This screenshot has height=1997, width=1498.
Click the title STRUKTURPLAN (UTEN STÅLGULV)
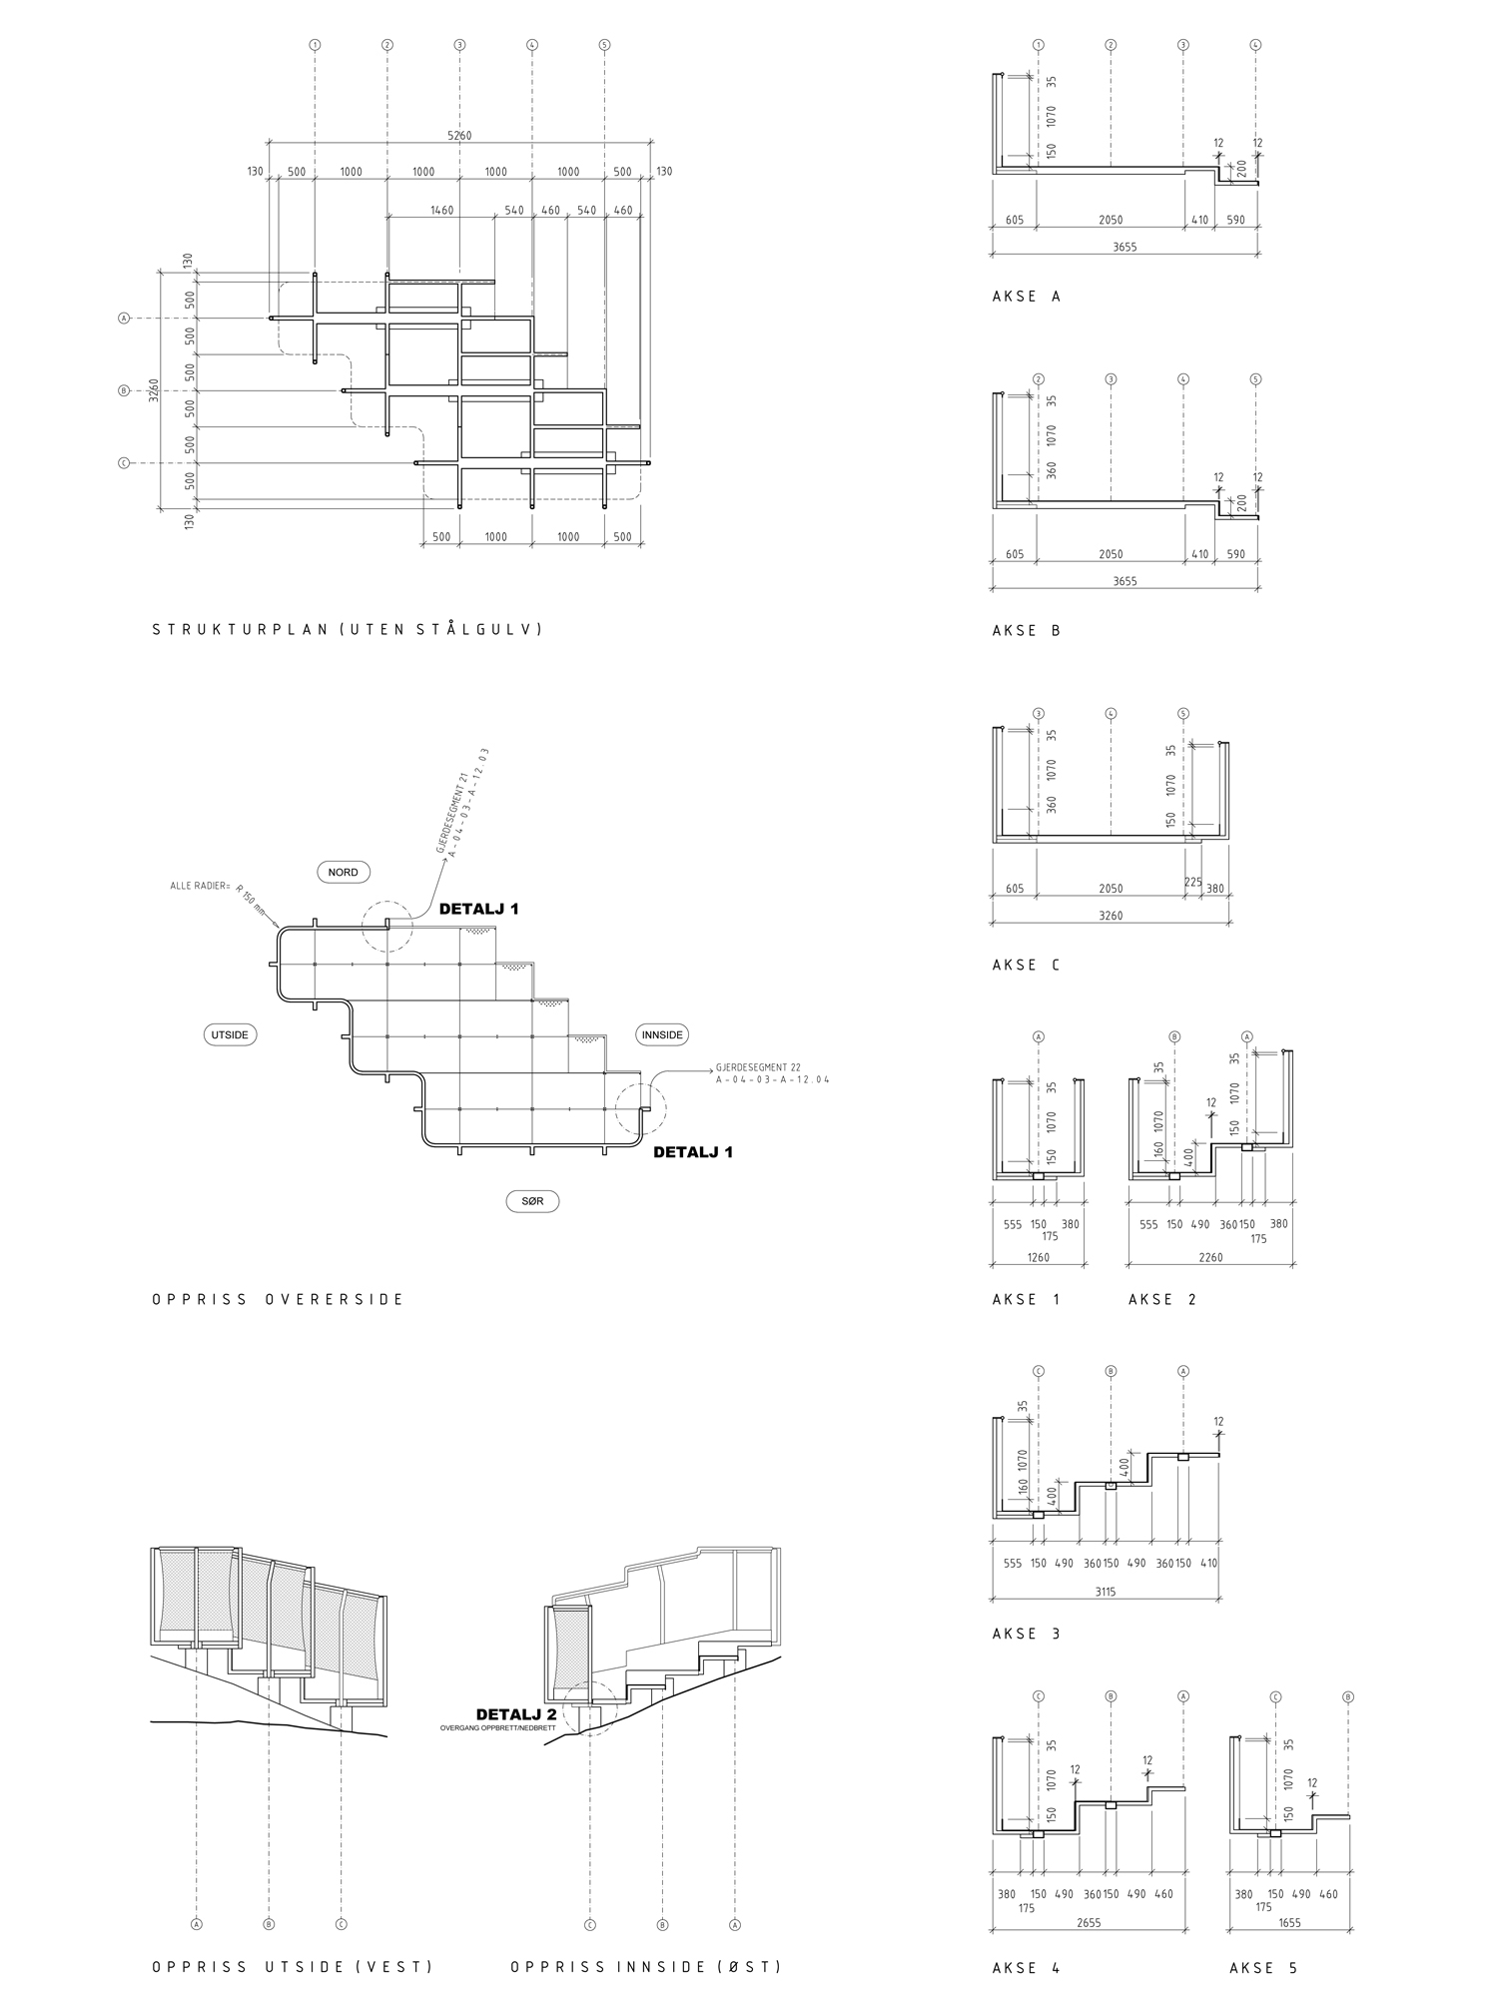pos(347,630)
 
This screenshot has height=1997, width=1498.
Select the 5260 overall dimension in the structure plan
pos(458,136)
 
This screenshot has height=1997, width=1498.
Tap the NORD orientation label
pos(343,872)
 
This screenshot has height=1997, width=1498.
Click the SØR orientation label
pos(532,1201)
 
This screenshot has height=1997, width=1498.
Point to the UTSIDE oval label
pos(230,1035)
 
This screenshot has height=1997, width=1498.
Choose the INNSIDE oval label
pos(662,1035)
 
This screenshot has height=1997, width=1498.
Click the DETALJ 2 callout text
pos(516,1714)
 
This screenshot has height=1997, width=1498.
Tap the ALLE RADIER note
pos(200,886)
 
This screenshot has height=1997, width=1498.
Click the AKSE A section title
pos(1027,297)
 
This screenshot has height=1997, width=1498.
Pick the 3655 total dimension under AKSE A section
pos(1124,247)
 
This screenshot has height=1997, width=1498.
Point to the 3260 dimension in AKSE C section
pos(1110,915)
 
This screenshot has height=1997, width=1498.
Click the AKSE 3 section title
pos(1027,1634)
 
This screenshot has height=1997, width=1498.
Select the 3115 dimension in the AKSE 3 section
pos(1106,1593)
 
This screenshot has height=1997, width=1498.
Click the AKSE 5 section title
pos(1263,1968)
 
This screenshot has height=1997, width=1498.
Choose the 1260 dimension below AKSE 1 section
pos(1038,1257)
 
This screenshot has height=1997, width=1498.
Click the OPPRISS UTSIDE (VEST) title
pos(293,1967)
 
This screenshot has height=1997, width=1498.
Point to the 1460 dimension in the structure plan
pos(441,211)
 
